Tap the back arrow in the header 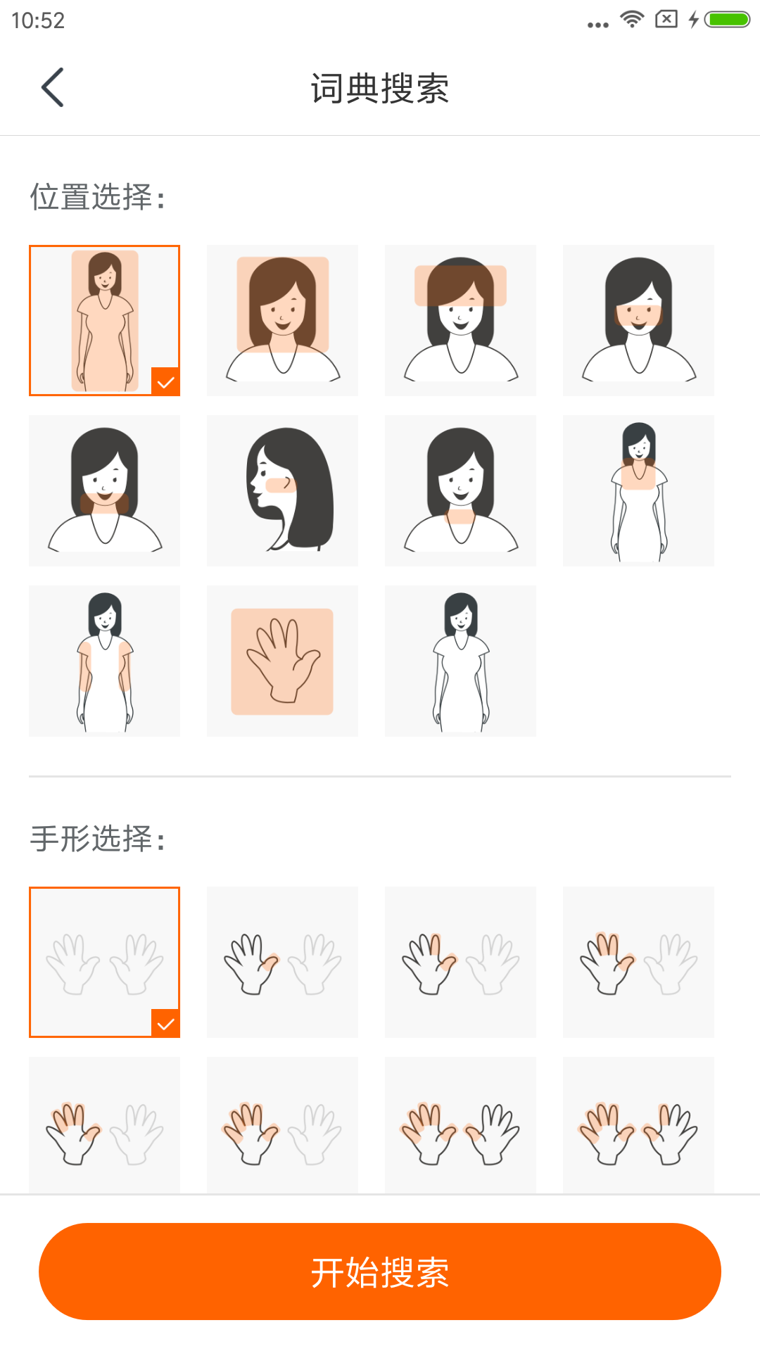pos(53,87)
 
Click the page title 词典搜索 pos(380,89)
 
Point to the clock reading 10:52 pos(38,20)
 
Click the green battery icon pos(728,19)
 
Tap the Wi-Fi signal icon pos(632,19)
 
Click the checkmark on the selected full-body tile pos(165,382)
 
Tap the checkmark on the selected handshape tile pos(165,1024)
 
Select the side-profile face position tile pos(282,490)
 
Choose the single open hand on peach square pos(282,661)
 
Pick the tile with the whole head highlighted pos(282,320)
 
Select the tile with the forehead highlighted pos(460,320)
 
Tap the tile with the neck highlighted pos(460,490)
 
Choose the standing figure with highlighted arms pos(104,661)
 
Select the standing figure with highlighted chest pos(638,490)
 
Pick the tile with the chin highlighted pos(104,490)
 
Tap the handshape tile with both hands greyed pos(104,962)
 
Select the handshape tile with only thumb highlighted pos(282,962)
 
